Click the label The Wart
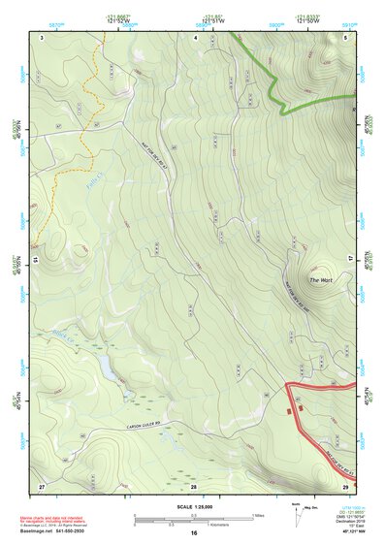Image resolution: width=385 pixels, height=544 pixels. click(x=320, y=281)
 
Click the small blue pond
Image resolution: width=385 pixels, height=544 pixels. click(x=104, y=364)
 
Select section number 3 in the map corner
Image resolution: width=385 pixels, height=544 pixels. click(x=42, y=36)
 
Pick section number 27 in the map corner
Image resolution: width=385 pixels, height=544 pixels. click(x=42, y=484)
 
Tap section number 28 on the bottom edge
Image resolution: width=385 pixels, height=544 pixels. click(x=193, y=484)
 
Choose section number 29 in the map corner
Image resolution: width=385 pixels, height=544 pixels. click(x=345, y=484)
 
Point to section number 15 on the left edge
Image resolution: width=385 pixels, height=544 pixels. click(x=33, y=260)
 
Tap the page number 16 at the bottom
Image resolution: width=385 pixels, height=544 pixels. click(x=194, y=533)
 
